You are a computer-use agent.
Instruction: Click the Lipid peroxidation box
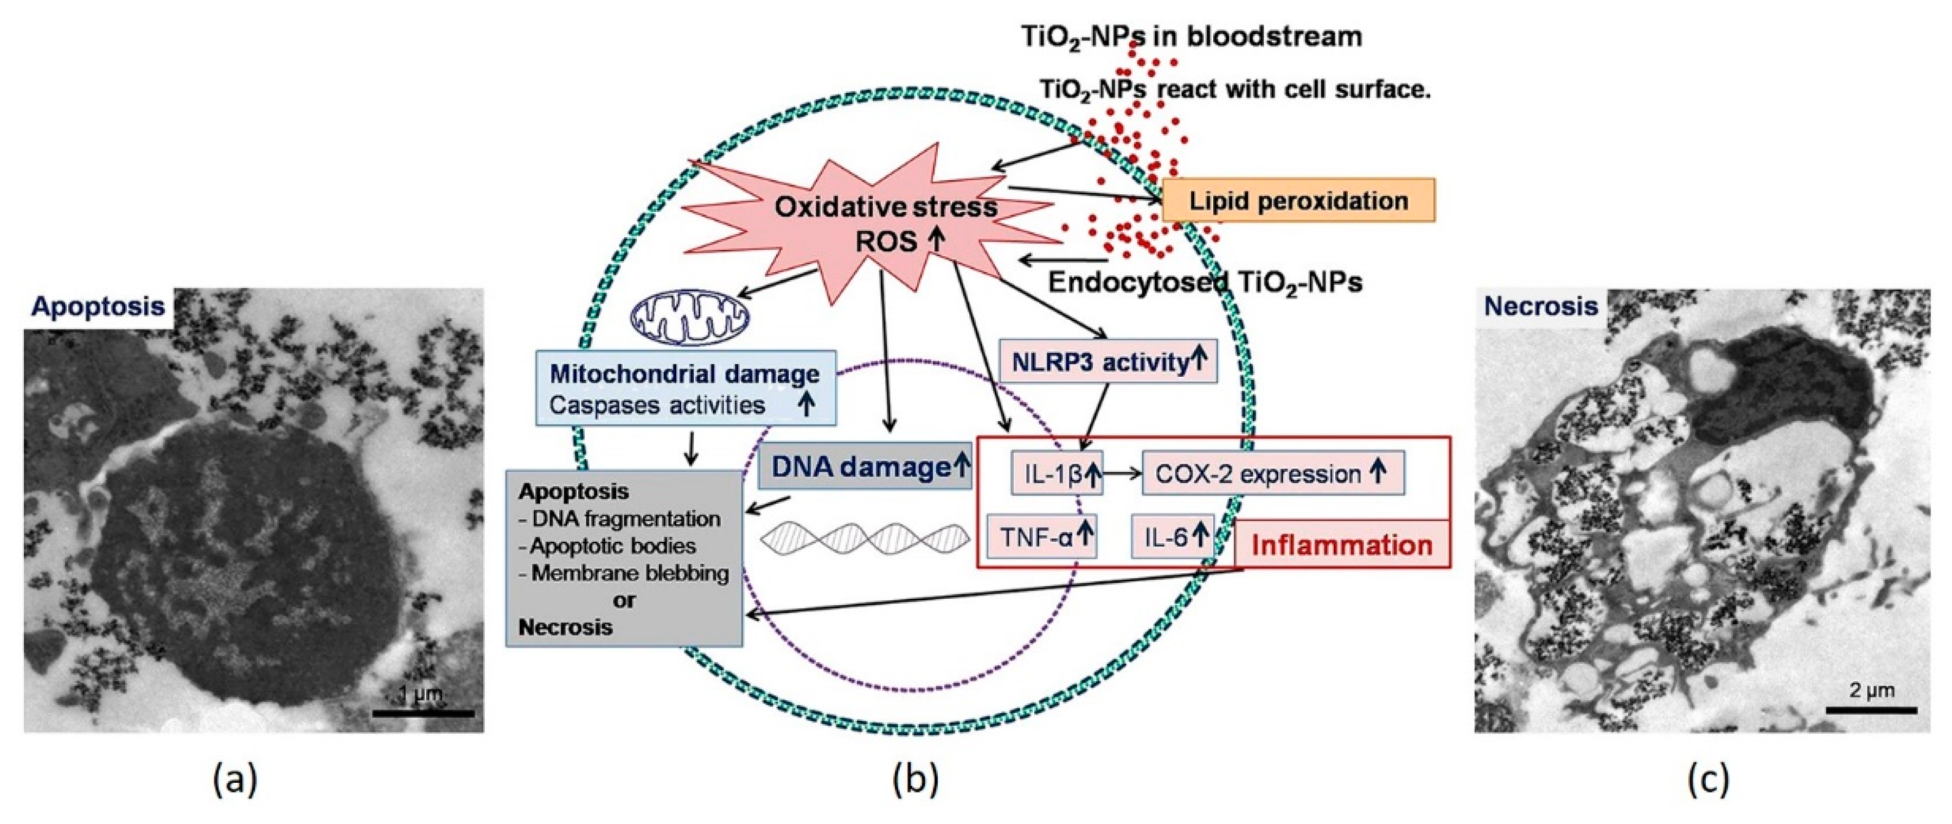[1298, 201]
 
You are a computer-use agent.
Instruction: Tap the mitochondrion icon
[689, 316]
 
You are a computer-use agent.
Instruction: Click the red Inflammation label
[1341, 545]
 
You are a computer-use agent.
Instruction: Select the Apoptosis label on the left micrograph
[99, 306]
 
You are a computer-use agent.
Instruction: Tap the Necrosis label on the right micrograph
[1540, 306]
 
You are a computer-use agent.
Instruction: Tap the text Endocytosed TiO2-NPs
[1204, 282]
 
